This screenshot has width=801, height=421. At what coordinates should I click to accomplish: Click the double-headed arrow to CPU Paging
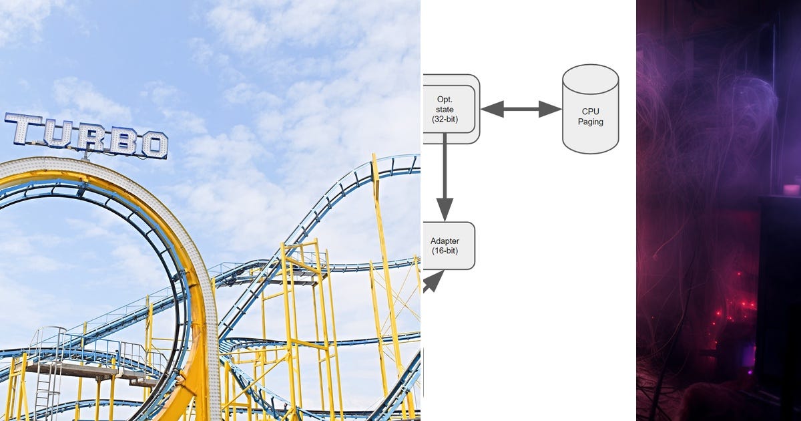click(x=521, y=109)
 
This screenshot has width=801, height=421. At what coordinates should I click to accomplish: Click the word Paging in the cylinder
click(x=590, y=122)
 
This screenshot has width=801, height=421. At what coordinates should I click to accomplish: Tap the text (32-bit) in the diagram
click(x=444, y=119)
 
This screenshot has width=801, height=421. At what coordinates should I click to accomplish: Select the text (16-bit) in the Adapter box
click(x=445, y=251)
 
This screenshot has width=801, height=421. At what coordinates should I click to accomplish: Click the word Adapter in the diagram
click(x=445, y=241)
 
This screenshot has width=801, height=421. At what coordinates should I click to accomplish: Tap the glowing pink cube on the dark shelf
click(x=791, y=190)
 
